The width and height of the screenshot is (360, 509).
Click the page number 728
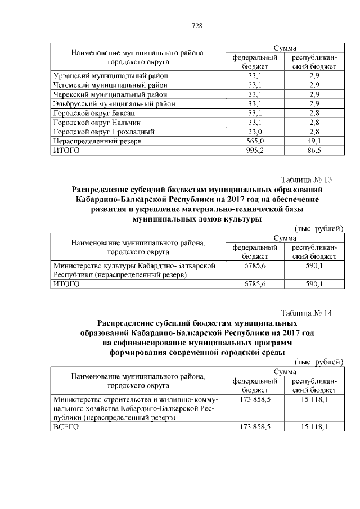tap(197, 26)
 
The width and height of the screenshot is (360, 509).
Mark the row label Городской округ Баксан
tap(90, 113)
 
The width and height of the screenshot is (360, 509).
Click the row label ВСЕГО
tap(65, 427)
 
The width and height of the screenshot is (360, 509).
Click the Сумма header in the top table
tap(285, 48)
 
